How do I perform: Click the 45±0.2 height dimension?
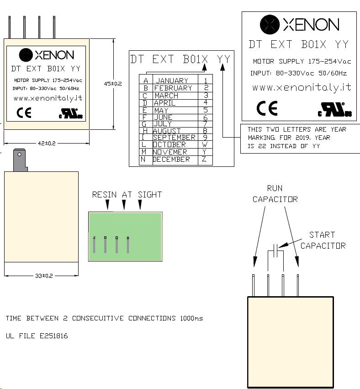[113, 84]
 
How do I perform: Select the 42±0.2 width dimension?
[47, 143]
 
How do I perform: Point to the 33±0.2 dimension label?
[44, 276]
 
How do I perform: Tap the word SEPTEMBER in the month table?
[174, 138]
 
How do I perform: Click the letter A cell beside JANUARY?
[146, 80]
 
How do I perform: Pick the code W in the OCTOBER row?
[205, 144]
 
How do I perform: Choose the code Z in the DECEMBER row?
[204, 159]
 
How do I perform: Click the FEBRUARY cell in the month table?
[173, 88]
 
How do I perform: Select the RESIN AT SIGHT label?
[127, 195]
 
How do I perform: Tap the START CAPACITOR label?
[323, 240]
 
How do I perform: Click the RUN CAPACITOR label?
[275, 194]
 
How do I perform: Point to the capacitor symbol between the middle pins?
[275, 250]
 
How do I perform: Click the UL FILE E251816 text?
[37, 336]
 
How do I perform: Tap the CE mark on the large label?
[267, 108]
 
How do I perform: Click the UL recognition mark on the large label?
[335, 109]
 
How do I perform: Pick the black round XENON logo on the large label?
[270, 24]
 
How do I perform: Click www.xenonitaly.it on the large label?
[302, 87]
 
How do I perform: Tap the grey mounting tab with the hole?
[20, 160]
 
